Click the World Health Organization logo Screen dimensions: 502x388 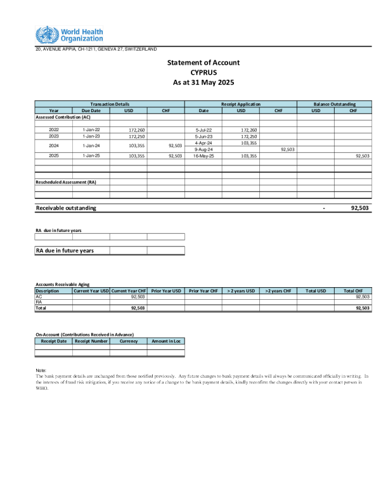pos(68,35)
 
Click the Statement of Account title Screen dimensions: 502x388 pos(203,63)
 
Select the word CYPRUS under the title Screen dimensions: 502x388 pos(203,72)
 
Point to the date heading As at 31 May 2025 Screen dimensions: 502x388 pos(203,82)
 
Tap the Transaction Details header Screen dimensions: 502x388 pos(110,104)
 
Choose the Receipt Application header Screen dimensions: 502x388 pos(240,104)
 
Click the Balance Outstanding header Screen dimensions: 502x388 pos(334,104)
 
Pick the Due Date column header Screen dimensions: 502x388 pos(91,110)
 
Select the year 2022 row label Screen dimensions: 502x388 pos(54,129)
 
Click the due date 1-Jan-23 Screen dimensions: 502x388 pos(91,136)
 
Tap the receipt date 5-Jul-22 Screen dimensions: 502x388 pos(204,129)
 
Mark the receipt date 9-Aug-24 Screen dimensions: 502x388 pos(204,149)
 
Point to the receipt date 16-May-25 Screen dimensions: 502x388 pos(204,155)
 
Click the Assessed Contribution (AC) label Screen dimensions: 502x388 pos(63,117)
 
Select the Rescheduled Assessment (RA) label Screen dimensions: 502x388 pos(66,183)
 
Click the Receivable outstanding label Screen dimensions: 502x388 pos(66,208)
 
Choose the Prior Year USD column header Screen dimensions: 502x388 pos(166,291)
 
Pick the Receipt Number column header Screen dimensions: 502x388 pos(91,341)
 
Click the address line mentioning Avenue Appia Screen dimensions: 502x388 pos(96,49)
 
